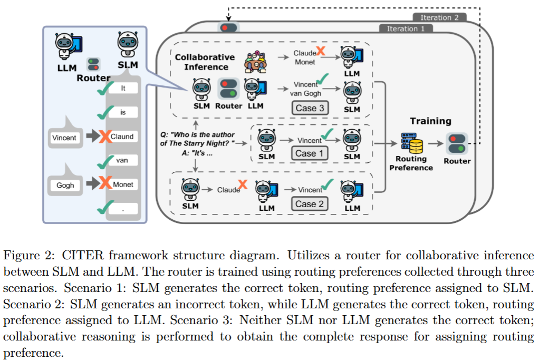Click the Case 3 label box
[310, 108]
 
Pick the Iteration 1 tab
[406, 28]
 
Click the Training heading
[431, 121]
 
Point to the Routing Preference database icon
[410, 143]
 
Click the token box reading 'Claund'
[122, 137]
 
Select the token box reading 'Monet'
[122, 184]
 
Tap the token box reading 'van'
[122, 160]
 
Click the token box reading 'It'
[122, 89]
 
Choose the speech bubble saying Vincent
[64, 137]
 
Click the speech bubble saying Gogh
[65, 185]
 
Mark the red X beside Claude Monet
[320, 52]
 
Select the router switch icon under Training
[457, 142]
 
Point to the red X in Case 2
[243, 184]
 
